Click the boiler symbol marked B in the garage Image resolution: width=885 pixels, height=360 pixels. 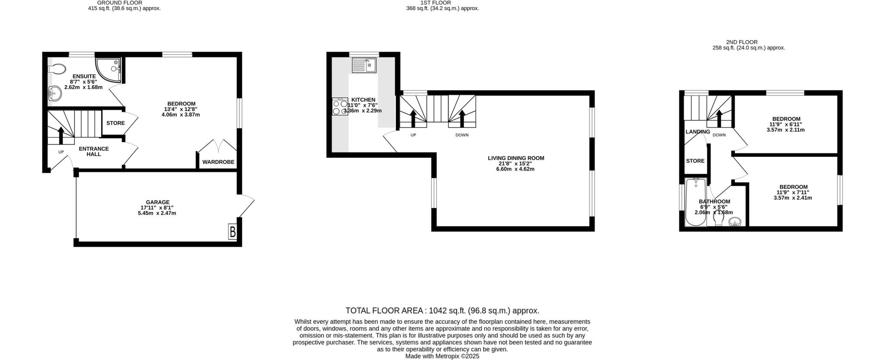[232, 232]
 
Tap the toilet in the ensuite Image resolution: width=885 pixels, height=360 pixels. [57, 69]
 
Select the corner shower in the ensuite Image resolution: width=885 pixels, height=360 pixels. [109, 70]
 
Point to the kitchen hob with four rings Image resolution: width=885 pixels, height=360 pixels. [340, 107]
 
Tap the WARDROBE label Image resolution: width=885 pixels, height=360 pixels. [218, 162]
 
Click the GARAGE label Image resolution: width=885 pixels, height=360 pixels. [158, 202]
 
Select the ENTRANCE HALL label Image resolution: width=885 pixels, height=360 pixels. [94, 151]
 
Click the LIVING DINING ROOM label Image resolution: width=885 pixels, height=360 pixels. [516, 158]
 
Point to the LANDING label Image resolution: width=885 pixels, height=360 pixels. [697, 132]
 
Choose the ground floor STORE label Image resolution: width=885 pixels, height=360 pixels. [115, 123]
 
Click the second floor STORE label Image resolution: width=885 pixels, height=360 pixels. [695, 161]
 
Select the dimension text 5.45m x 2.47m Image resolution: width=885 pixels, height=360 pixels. [157, 213]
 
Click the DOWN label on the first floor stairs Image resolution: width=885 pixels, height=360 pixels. [462, 135]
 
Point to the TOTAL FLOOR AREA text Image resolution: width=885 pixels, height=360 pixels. [442, 311]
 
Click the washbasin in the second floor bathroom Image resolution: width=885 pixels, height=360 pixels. [735, 222]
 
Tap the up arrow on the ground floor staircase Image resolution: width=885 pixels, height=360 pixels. [60, 134]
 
